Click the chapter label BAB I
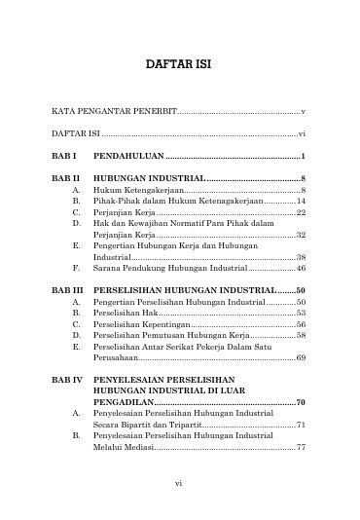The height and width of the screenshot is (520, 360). click(x=64, y=157)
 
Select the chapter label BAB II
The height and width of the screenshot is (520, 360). click(x=66, y=180)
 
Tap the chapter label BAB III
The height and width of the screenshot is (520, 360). click(x=68, y=290)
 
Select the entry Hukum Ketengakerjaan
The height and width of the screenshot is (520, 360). click(x=133, y=191)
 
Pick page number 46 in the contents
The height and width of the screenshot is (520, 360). click(x=302, y=268)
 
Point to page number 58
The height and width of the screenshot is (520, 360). click(x=302, y=335)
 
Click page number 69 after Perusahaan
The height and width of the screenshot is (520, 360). click(x=302, y=357)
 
